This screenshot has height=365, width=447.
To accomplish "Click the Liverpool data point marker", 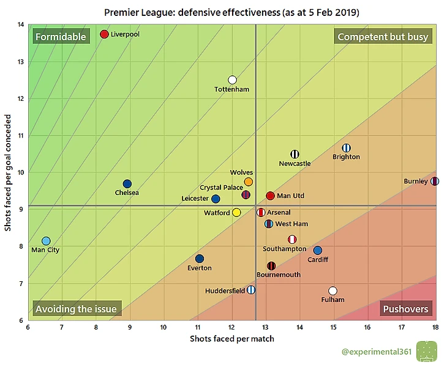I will coord(104,34).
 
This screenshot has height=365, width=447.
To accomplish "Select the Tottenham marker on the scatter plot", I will coord(232,79).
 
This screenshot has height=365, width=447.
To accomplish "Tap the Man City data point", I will coord(46,241).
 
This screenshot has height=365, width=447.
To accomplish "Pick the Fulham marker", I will coord(332,291).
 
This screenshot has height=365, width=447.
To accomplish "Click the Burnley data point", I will coord(434,181).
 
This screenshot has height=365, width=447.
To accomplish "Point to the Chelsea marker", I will coord(127,183).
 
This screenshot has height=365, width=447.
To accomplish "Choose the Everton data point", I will coord(200,259).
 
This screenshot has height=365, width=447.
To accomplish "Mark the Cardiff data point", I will coord(317,251).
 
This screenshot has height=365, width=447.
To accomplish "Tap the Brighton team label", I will coord(346,157).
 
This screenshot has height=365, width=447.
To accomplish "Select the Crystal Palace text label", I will coord(221,188).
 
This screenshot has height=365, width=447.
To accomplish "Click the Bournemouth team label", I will coord(279,275).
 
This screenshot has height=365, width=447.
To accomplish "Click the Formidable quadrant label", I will coord(61,37).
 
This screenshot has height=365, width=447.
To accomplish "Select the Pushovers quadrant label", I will coord(405,309).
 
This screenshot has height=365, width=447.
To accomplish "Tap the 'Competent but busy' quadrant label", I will coord(383,37).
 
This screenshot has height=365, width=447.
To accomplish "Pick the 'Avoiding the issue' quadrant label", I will coord(75,309).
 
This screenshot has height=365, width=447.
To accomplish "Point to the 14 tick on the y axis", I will coord(21,24).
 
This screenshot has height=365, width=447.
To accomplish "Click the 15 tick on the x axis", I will coord(333,328).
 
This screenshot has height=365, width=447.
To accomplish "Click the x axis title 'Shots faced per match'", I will coord(232,339).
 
